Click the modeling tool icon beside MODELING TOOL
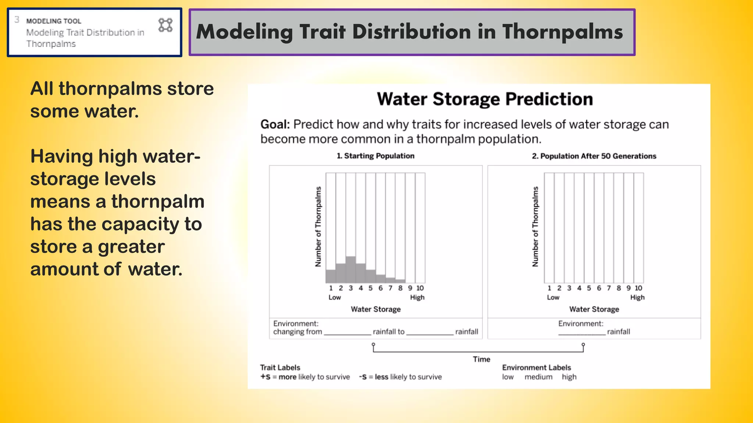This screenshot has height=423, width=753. click(165, 25)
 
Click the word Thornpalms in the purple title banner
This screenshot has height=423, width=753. click(563, 32)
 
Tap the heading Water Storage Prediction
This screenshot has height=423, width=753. click(485, 99)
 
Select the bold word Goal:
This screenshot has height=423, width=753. click(275, 124)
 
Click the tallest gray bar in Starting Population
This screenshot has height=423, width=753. click(351, 270)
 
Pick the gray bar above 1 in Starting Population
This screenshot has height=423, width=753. click(331, 276)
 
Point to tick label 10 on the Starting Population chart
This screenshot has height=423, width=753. click(420, 288)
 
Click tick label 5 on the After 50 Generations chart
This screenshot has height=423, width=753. click(589, 288)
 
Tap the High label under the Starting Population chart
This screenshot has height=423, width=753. click(417, 297)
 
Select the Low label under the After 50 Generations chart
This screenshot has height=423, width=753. click(553, 297)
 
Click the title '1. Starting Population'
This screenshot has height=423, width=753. click(375, 156)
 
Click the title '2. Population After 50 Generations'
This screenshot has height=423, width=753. click(594, 156)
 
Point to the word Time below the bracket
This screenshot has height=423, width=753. click(481, 359)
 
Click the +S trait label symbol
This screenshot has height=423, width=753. click(265, 377)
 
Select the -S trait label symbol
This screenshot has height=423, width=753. click(363, 377)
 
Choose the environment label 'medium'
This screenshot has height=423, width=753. click(538, 377)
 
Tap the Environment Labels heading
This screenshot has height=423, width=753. click(536, 368)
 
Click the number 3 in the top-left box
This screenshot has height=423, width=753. click(17, 19)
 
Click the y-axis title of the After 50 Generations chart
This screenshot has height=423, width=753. click(535, 227)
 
